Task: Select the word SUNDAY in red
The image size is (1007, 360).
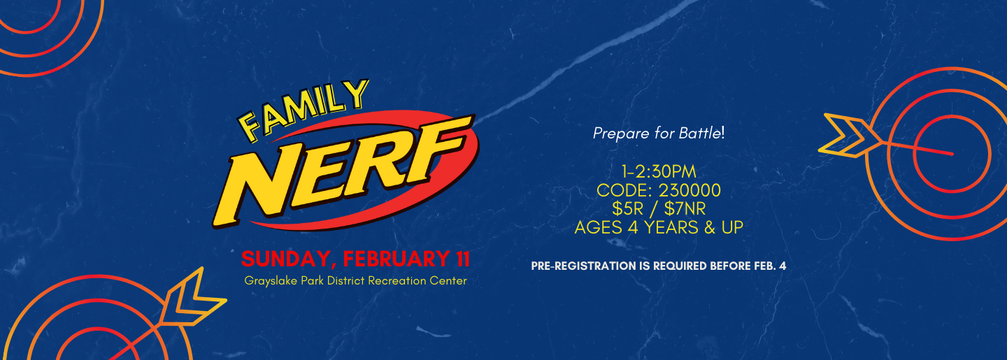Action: tap(289, 259)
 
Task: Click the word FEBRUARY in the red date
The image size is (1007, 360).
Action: tap(397, 259)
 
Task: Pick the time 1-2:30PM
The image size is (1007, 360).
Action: tap(659, 172)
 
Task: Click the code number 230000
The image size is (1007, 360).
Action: tap(690, 191)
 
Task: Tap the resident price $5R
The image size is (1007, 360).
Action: tap(627, 209)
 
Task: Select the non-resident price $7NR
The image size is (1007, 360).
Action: tap(685, 209)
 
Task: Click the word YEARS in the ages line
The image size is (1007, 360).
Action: tap(671, 227)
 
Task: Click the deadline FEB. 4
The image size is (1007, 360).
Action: tap(770, 266)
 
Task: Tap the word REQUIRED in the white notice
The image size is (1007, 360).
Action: tap(680, 266)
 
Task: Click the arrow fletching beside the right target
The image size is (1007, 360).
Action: tap(848, 136)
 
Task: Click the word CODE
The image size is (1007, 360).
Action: tap(624, 191)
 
